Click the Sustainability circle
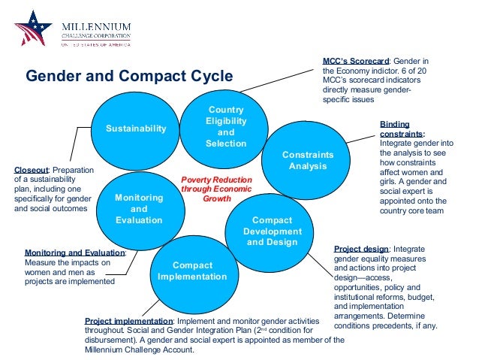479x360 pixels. [135, 129]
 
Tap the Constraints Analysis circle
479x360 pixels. [307, 160]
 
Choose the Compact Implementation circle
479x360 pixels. [192, 271]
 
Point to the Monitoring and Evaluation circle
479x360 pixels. [139, 208]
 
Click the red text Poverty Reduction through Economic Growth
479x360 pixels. [217, 190]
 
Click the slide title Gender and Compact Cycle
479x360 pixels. [130, 76]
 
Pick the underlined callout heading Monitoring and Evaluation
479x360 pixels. [74, 253]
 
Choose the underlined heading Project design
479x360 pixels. [361, 248]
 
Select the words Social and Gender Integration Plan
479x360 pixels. [191, 330]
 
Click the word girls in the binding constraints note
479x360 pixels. [389, 182]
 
